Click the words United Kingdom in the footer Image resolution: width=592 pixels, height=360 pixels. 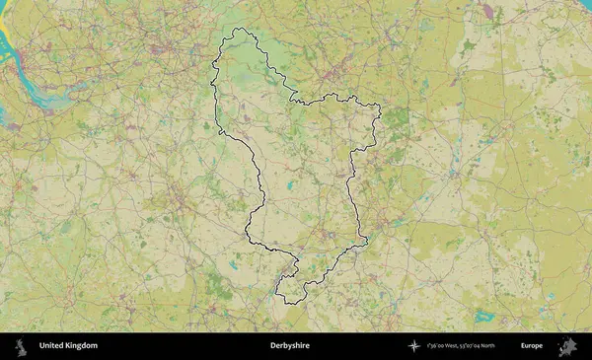point(68,345)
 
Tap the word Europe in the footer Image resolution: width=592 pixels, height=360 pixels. point(532,345)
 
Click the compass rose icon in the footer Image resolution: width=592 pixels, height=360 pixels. point(413,345)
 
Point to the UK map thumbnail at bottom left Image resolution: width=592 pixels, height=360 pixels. point(21,345)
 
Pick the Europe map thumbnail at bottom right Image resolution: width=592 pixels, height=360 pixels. point(567,345)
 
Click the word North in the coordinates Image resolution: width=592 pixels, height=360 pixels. point(487,346)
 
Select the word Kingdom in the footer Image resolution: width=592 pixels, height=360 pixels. point(82,345)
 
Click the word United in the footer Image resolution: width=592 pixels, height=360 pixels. point(51,345)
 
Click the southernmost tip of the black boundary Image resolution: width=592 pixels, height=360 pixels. point(287,303)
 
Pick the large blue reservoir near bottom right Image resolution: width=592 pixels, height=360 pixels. point(483,317)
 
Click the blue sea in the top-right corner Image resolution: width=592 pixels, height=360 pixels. point(586,4)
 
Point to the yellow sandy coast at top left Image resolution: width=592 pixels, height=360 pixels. point(5,39)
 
